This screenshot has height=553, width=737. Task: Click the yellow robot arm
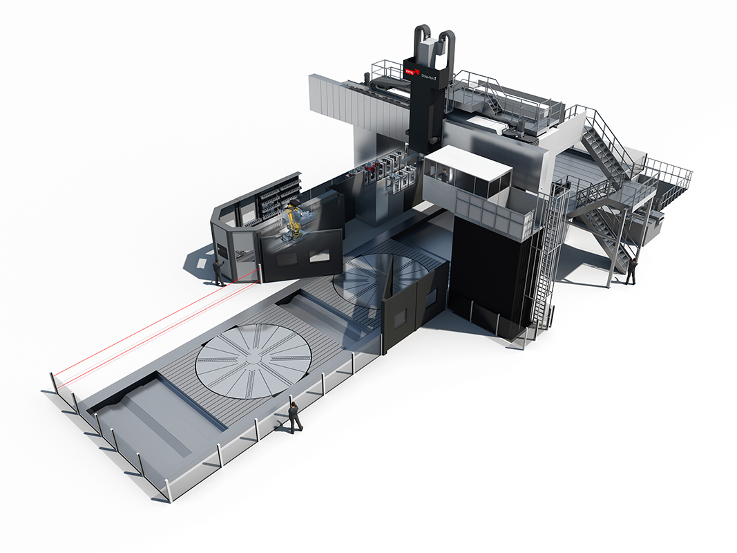point(293,219)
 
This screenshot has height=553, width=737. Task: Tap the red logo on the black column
point(410,71)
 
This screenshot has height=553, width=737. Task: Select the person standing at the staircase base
point(630,270)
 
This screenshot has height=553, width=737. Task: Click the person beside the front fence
point(295,417)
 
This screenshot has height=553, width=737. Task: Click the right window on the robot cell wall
point(319,255)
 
